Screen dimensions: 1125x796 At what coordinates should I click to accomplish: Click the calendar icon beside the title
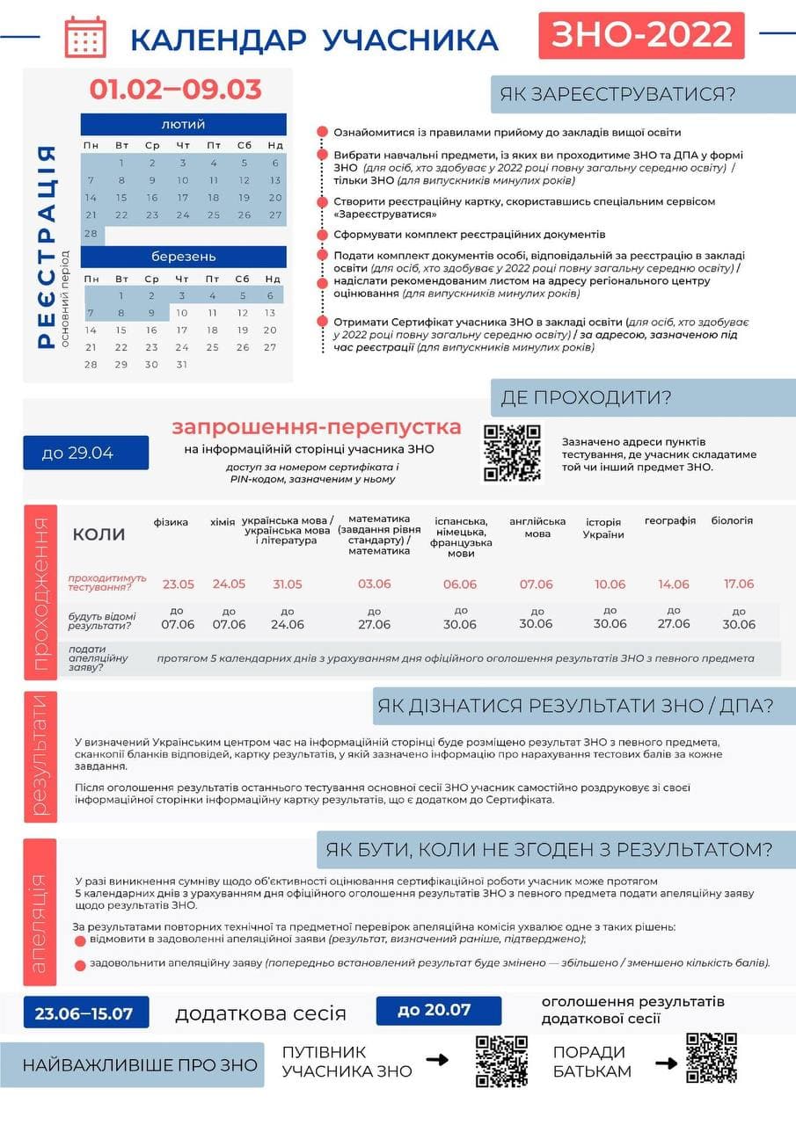[85, 37]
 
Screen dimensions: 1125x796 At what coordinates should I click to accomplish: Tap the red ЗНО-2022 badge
[641, 35]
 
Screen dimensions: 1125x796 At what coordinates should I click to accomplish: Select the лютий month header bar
[183, 124]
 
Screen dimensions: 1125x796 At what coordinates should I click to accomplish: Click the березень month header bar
[183, 257]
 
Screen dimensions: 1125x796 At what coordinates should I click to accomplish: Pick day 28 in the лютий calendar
[91, 234]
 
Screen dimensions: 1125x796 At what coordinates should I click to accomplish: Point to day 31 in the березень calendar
[182, 364]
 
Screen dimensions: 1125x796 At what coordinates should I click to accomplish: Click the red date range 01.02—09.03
[175, 89]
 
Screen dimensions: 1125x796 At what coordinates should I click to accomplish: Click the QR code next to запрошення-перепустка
[512, 453]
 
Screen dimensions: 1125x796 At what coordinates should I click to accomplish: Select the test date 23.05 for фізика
[178, 584]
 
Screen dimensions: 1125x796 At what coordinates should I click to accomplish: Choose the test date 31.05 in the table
[288, 584]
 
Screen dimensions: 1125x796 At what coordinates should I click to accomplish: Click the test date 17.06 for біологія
[739, 584]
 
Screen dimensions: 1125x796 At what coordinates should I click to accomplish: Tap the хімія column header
[223, 522]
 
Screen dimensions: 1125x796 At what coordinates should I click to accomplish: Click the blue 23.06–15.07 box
[84, 1012]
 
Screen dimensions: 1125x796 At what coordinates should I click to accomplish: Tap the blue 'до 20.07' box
[438, 1010]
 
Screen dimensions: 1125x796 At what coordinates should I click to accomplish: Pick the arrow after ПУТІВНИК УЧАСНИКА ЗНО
[437, 1060]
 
